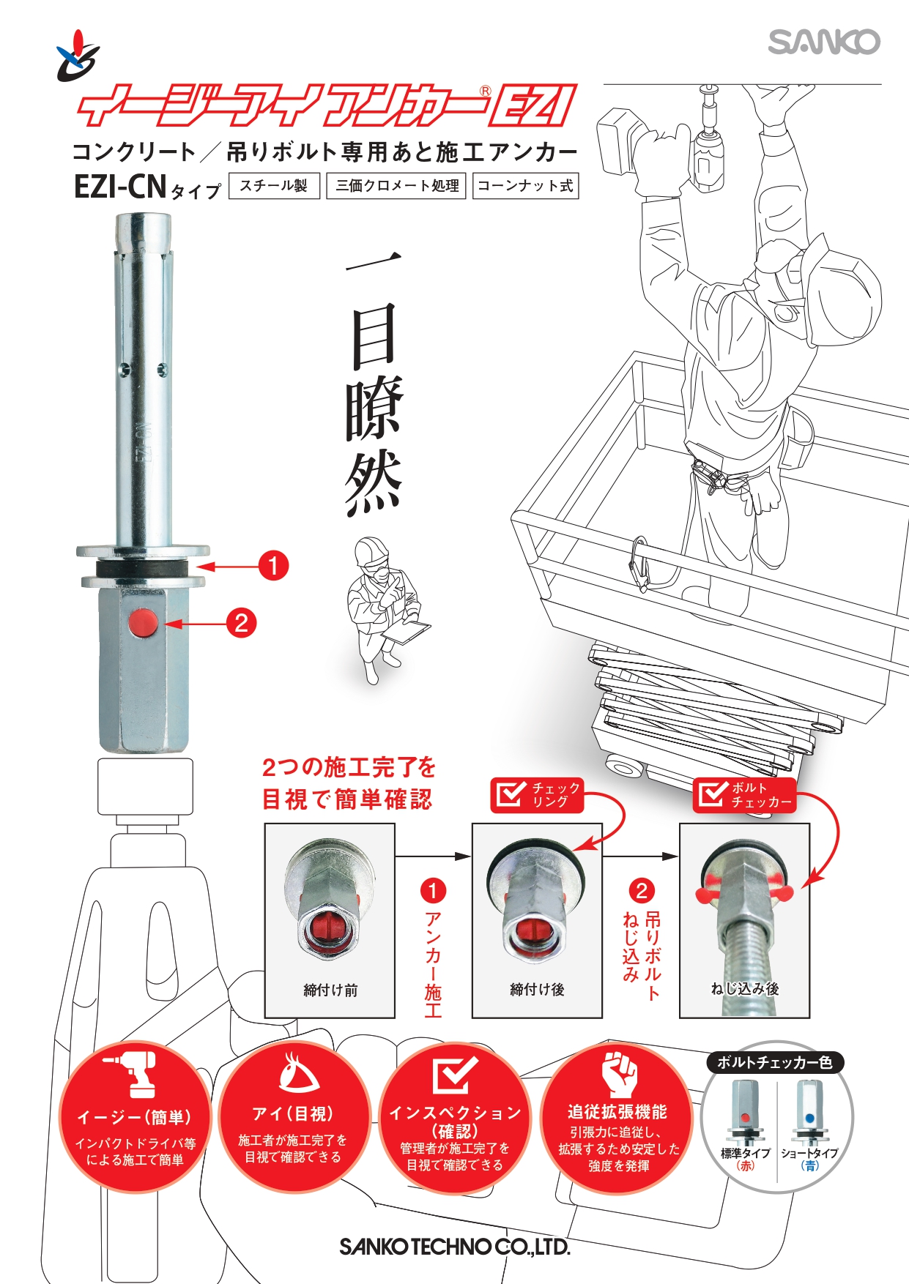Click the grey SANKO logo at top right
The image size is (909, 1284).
824,42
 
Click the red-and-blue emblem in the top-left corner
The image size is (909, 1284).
78,56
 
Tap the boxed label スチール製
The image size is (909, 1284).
274,185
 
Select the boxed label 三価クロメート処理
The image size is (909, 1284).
396,185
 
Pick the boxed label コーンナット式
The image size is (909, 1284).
525,185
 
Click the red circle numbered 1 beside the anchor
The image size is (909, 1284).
273,566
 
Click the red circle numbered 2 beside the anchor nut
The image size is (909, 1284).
241,624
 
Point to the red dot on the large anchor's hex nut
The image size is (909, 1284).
143,623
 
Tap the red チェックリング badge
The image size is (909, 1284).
537,795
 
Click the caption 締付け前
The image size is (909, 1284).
330,990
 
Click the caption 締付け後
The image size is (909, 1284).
537,990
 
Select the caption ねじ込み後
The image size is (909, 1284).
744,989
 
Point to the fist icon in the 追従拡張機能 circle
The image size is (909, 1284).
620,1074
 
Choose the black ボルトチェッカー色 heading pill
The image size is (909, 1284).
775,1062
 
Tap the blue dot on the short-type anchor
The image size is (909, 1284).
809,1118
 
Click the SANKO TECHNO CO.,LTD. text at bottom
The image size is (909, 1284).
454,1247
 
